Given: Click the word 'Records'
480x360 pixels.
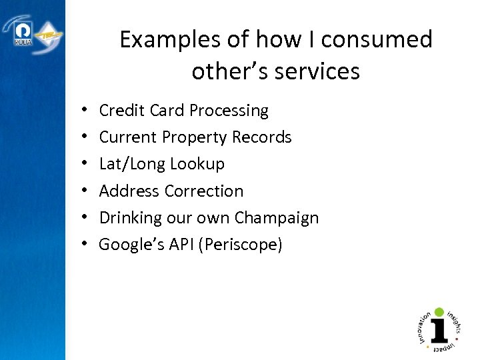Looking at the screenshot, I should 262,137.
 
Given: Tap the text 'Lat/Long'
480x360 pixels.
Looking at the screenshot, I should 132,164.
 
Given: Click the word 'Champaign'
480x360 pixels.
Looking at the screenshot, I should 276,218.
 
